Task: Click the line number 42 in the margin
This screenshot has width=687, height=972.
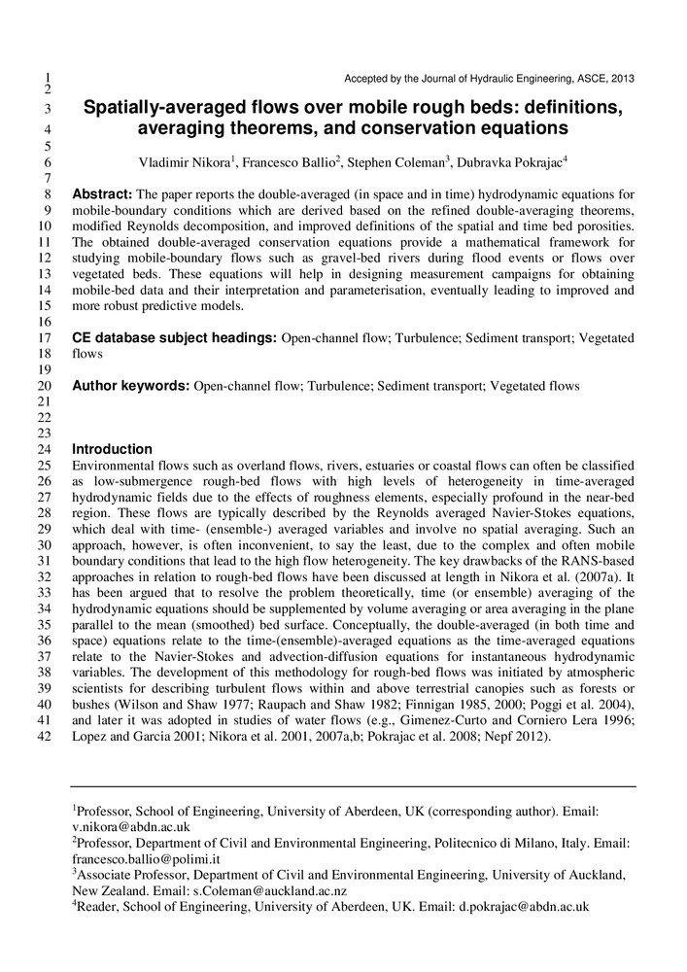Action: [45, 737]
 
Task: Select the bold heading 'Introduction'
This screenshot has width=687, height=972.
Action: [112, 449]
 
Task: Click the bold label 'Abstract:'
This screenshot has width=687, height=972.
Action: [103, 194]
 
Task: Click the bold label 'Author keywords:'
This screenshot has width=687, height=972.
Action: [131, 386]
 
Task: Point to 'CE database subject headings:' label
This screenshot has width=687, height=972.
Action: [175, 338]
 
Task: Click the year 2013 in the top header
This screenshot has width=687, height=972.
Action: [621, 79]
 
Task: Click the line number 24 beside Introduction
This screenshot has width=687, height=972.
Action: [45, 450]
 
